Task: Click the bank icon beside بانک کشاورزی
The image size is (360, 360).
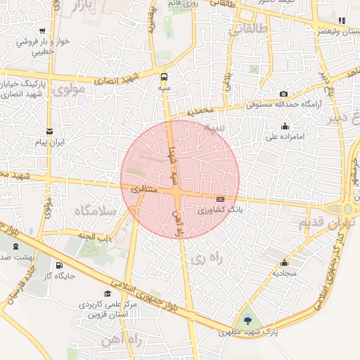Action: tap(230, 200)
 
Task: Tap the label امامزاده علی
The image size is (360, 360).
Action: tap(284, 137)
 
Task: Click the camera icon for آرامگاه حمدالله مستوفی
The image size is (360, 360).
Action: tap(283, 94)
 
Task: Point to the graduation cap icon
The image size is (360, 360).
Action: tap(108, 294)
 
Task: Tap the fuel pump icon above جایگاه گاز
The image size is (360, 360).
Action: tap(58, 266)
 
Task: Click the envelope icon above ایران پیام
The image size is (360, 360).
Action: tap(49, 131)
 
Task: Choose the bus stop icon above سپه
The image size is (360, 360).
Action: tap(164, 77)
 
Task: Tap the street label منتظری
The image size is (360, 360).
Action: tap(143, 188)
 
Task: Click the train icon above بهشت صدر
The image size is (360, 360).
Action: tap(15, 247)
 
